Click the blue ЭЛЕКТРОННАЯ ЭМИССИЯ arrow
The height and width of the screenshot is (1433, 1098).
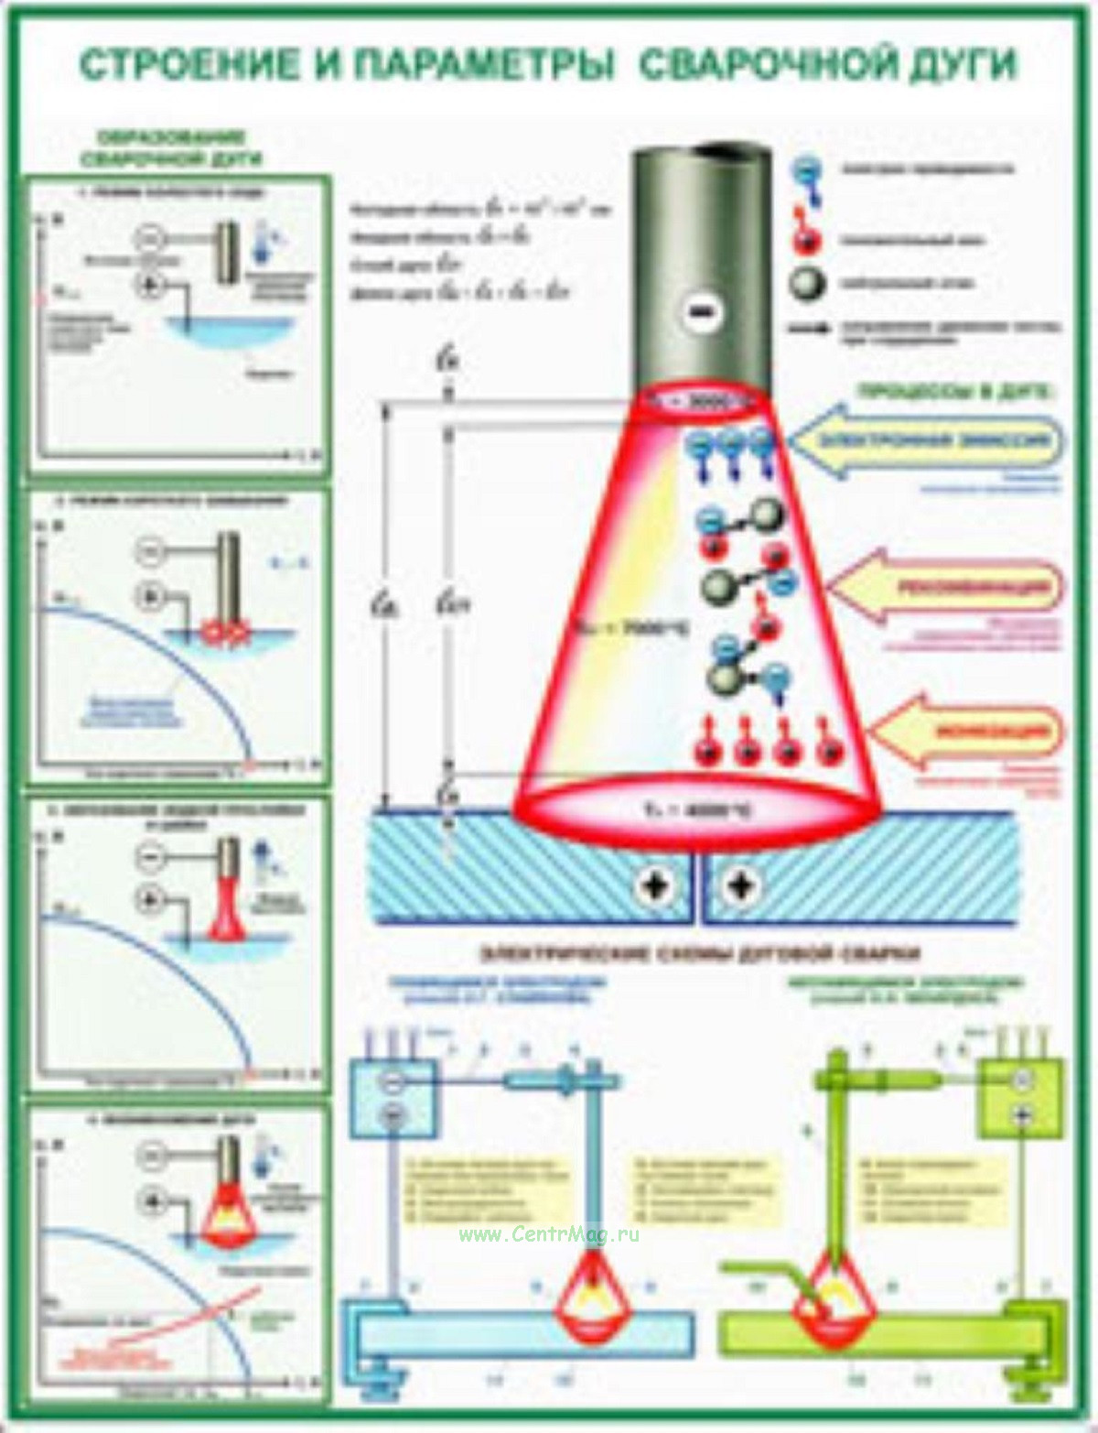tap(924, 441)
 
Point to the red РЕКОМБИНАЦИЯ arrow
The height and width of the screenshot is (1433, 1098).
tap(952, 587)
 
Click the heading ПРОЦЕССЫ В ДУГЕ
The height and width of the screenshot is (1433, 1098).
tap(955, 391)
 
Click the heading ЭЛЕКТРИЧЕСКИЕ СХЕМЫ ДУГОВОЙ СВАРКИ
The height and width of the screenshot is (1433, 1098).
tap(700, 954)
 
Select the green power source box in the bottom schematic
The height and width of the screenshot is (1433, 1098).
tap(1020, 1095)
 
